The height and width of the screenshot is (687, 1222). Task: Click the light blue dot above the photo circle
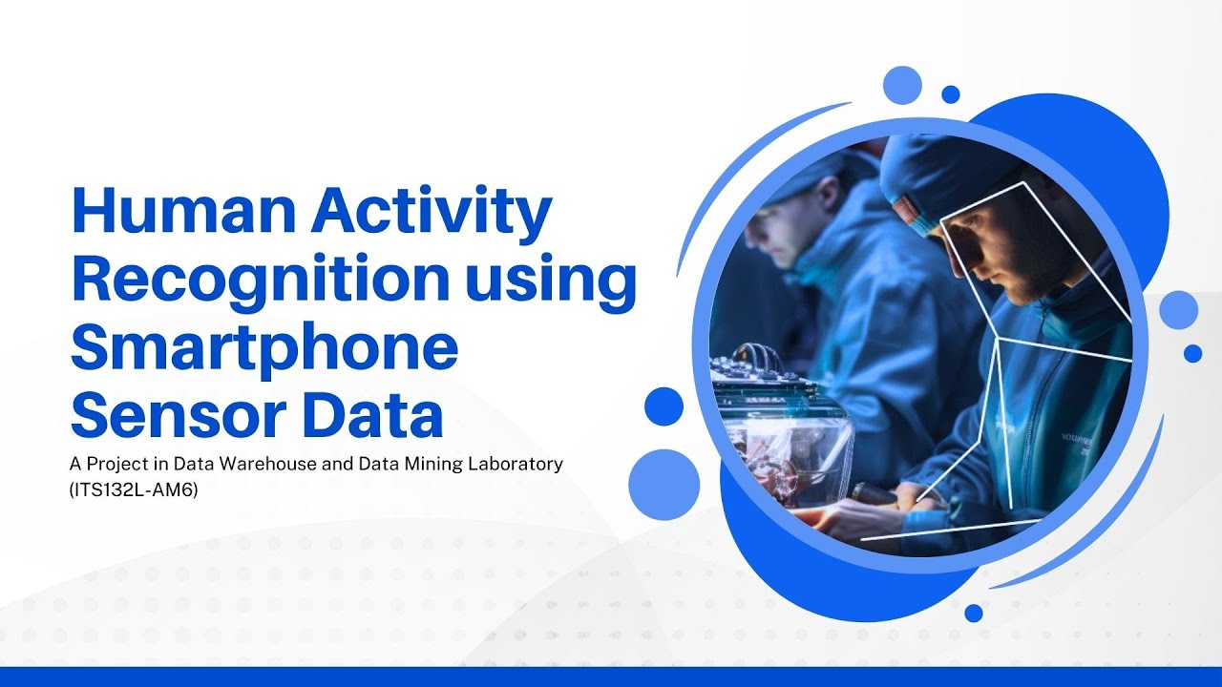click(x=902, y=85)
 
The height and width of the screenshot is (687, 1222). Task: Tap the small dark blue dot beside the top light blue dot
click(x=950, y=94)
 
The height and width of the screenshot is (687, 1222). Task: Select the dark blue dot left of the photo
click(x=664, y=406)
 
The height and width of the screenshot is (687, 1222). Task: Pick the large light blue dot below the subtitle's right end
click(x=664, y=485)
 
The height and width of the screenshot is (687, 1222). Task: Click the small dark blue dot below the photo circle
click(x=973, y=613)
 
